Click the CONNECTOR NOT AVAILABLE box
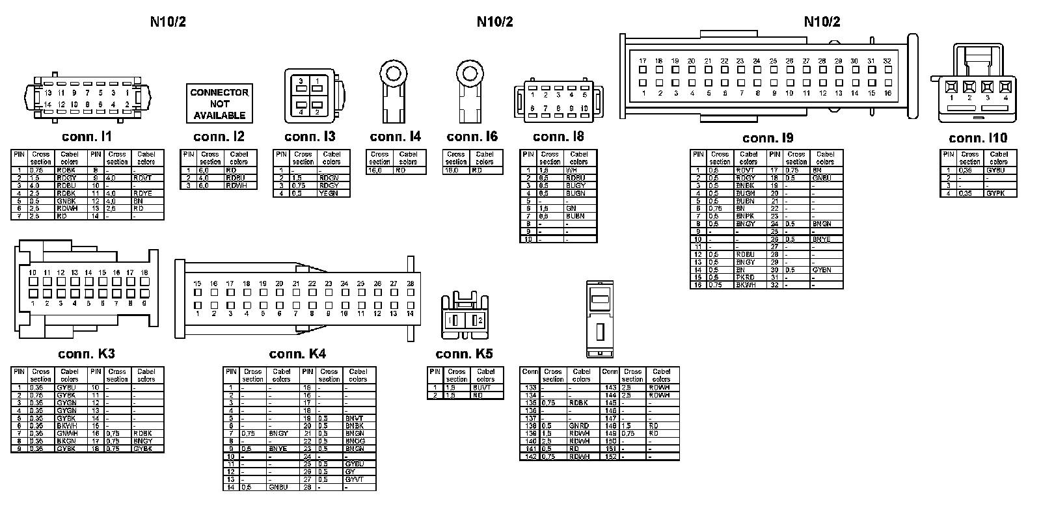219,103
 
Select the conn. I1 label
87,137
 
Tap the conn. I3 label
310,137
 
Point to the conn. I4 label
395,137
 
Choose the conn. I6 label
472,137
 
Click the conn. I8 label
558,137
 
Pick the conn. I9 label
768,138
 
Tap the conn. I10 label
978,138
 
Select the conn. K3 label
87,354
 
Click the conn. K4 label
297,354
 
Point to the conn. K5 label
464,354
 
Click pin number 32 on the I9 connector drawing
887,61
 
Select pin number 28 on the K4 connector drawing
410,284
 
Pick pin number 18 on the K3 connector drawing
144,273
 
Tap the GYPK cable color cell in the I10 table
995,193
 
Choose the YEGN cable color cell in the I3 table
329,193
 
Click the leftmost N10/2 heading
168,21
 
